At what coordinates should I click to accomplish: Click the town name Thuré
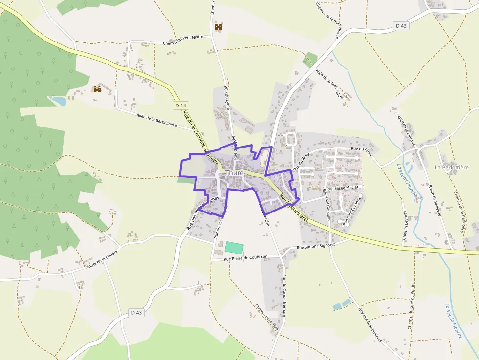click(x=235, y=173)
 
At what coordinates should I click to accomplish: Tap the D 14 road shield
click(x=180, y=106)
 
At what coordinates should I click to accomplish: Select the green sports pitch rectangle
click(x=234, y=247)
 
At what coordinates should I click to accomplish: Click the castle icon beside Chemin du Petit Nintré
click(x=218, y=27)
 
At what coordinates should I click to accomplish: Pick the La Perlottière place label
click(x=451, y=167)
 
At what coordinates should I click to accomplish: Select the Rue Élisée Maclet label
click(x=343, y=187)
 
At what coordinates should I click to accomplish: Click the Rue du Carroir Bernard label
click(x=284, y=296)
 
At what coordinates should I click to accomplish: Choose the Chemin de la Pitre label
click(x=267, y=317)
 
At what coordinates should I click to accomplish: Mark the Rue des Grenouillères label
click(x=370, y=325)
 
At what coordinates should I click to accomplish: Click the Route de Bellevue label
click(x=435, y=200)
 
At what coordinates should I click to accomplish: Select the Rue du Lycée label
click(x=227, y=98)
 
